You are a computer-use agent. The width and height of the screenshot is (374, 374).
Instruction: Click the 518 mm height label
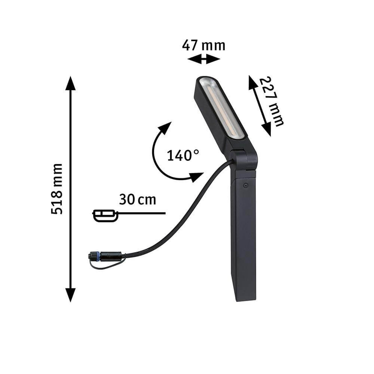coord(57,189)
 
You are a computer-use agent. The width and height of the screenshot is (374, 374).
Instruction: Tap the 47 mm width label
coord(203,46)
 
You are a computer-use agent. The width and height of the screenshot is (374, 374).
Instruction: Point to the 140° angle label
coord(183,155)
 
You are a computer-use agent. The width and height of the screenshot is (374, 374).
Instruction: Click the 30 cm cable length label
coord(137,200)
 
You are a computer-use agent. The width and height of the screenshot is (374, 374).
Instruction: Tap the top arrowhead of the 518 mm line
coord(70,83)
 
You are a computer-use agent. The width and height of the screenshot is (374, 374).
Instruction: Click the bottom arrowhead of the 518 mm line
coord(70,295)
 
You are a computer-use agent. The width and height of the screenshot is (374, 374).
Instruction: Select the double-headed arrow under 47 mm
coord(203,59)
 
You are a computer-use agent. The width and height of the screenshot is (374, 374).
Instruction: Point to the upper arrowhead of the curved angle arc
coord(165,128)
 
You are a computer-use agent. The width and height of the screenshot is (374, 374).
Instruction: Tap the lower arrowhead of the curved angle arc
coord(196,177)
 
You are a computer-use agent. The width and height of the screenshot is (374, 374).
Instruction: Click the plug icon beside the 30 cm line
coord(105,215)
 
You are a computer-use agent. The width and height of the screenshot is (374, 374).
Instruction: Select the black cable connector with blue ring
coord(105,257)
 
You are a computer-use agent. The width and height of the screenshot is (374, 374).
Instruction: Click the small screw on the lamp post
coord(245,186)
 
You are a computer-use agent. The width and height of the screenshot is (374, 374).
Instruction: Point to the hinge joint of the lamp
coord(244,159)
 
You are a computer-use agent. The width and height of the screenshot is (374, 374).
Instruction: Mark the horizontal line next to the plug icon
coord(142,213)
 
